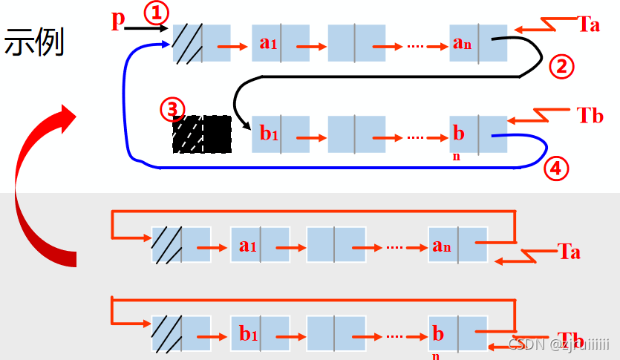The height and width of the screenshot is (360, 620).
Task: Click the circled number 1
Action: (x=157, y=13)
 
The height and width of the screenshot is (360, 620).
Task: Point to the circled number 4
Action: (x=556, y=168)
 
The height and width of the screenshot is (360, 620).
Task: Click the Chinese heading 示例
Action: (x=35, y=43)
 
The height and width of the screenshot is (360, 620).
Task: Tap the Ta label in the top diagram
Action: (x=588, y=24)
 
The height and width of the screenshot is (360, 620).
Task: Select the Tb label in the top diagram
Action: (x=590, y=116)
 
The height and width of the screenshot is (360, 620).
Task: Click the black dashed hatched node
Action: (x=201, y=134)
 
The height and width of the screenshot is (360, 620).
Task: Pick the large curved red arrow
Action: (x=45, y=186)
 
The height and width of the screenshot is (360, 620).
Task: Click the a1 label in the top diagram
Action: (x=268, y=42)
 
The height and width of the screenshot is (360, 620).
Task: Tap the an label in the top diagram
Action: (x=462, y=42)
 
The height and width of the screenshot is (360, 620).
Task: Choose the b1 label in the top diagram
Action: (x=268, y=134)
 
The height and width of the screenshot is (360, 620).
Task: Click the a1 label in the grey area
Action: (x=247, y=245)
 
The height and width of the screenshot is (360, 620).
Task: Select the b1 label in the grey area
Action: (x=247, y=334)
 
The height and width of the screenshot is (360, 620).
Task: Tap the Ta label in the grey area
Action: (x=569, y=252)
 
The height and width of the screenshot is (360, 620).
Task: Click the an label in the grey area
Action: (x=441, y=245)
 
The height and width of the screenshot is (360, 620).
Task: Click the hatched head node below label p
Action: (x=187, y=43)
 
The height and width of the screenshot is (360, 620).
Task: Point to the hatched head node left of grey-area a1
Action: (x=166, y=245)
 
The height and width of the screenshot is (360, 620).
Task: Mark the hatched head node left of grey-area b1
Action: (x=166, y=334)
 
